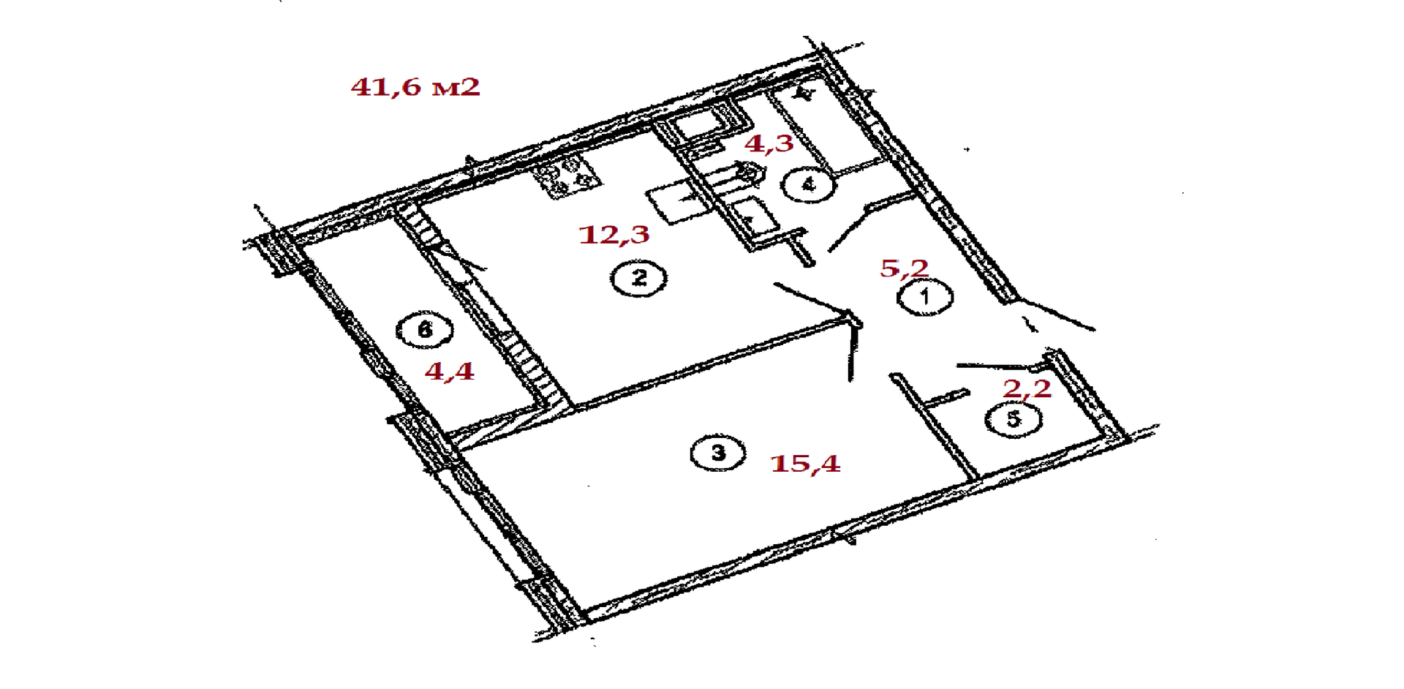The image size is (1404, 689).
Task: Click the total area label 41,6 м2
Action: [415, 87]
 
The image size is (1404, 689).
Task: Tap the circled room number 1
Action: [925, 297]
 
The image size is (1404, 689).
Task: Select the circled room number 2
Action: [639, 278]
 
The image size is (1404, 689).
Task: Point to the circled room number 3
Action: [718, 453]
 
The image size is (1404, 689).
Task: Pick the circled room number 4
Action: [808, 184]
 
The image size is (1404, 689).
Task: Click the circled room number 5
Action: [1013, 419]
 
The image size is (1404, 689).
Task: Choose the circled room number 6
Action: [424, 330]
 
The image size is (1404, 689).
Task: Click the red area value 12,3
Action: [614, 235]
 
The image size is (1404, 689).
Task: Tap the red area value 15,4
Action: [805, 463]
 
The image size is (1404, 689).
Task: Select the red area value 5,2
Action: [904, 268]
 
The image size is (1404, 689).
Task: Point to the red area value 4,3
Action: [769, 143]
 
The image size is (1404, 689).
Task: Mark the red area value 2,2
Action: [1027, 388]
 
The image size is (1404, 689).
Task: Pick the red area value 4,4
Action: [449, 371]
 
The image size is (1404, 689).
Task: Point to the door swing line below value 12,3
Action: [812, 300]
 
